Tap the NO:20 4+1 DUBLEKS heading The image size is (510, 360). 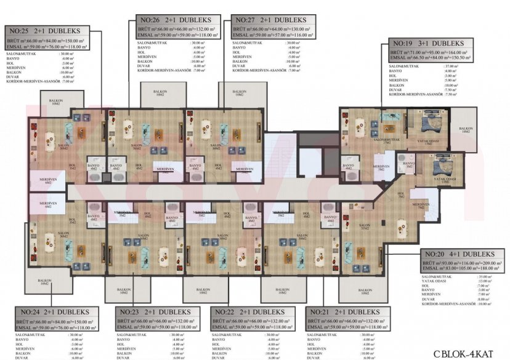459,254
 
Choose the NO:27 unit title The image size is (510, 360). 265,20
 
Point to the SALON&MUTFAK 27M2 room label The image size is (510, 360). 386,141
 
